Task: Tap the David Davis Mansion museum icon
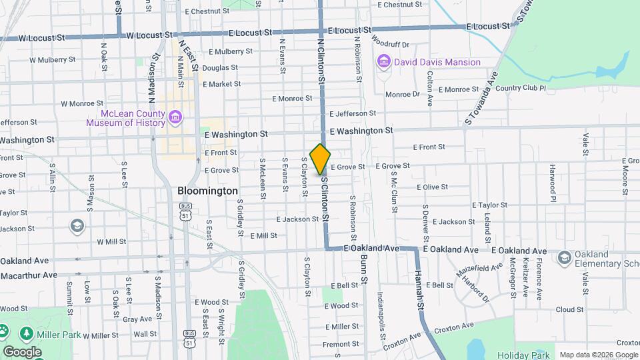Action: [383, 62]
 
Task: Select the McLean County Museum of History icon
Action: [175, 118]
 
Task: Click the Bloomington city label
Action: [207, 191]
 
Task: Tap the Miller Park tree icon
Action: [27, 331]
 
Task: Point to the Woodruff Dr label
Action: [391, 44]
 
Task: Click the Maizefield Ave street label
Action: [479, 270]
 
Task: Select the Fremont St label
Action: [341, 344]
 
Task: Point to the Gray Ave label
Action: [141, 319]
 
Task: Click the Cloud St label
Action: [569, 309]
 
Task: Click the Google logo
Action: [22, 352]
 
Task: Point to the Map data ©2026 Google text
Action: [598, 355]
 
